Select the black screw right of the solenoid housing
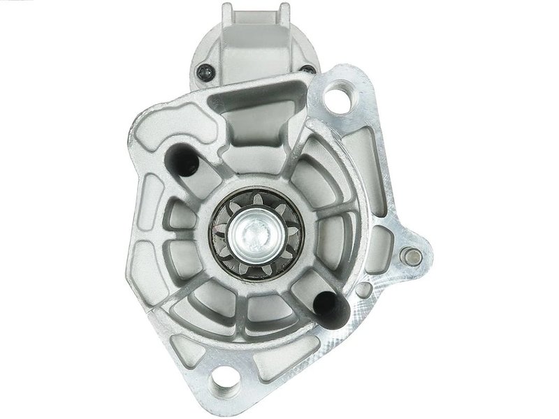point(307,69)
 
